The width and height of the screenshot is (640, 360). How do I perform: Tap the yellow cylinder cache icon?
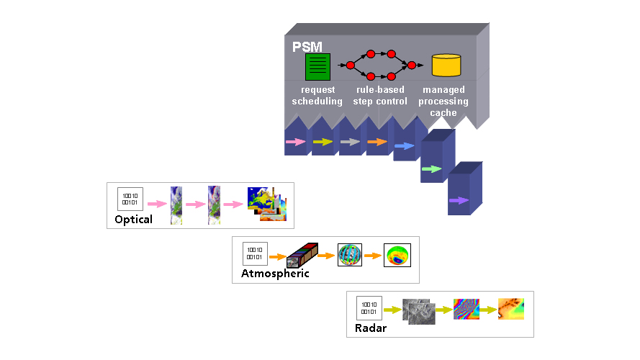tap(446, 66)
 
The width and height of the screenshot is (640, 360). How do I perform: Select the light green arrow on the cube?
tap(431, 169)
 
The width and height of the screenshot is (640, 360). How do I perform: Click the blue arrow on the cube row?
tap(404, 146)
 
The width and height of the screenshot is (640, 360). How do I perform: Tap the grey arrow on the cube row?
tap(350, 143)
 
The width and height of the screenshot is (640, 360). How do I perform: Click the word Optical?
tap(133, 219)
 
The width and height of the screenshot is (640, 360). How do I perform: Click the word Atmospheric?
tap(275, 274)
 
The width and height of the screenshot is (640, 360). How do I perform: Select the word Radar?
tap(371, 328)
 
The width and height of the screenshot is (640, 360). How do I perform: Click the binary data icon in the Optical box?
tap(130, 198)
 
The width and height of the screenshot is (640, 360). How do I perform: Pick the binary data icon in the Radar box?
tap(369, 308)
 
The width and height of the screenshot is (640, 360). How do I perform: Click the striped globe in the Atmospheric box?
tap(349, 255)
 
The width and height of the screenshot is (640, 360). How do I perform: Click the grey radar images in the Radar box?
tap(418, 311)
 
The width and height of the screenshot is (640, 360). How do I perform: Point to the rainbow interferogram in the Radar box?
tap(466, 310)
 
